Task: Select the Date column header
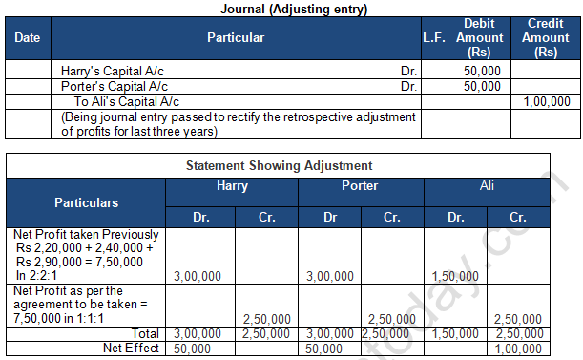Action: tap(28, 38)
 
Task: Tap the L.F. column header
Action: tap(433, 38)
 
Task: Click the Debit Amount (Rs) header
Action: tap(480, 38)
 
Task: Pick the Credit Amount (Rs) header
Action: tap(546, 38)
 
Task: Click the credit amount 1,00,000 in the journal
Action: tap(547, 101)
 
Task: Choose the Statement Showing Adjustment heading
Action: tap(290, 165)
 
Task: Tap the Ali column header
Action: tap(487, 186)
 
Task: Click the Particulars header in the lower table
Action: tap(87, 202)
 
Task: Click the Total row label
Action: tap(146, 332)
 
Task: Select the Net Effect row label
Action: tap(134, 349)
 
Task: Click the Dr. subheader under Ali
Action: tap(454, 218)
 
